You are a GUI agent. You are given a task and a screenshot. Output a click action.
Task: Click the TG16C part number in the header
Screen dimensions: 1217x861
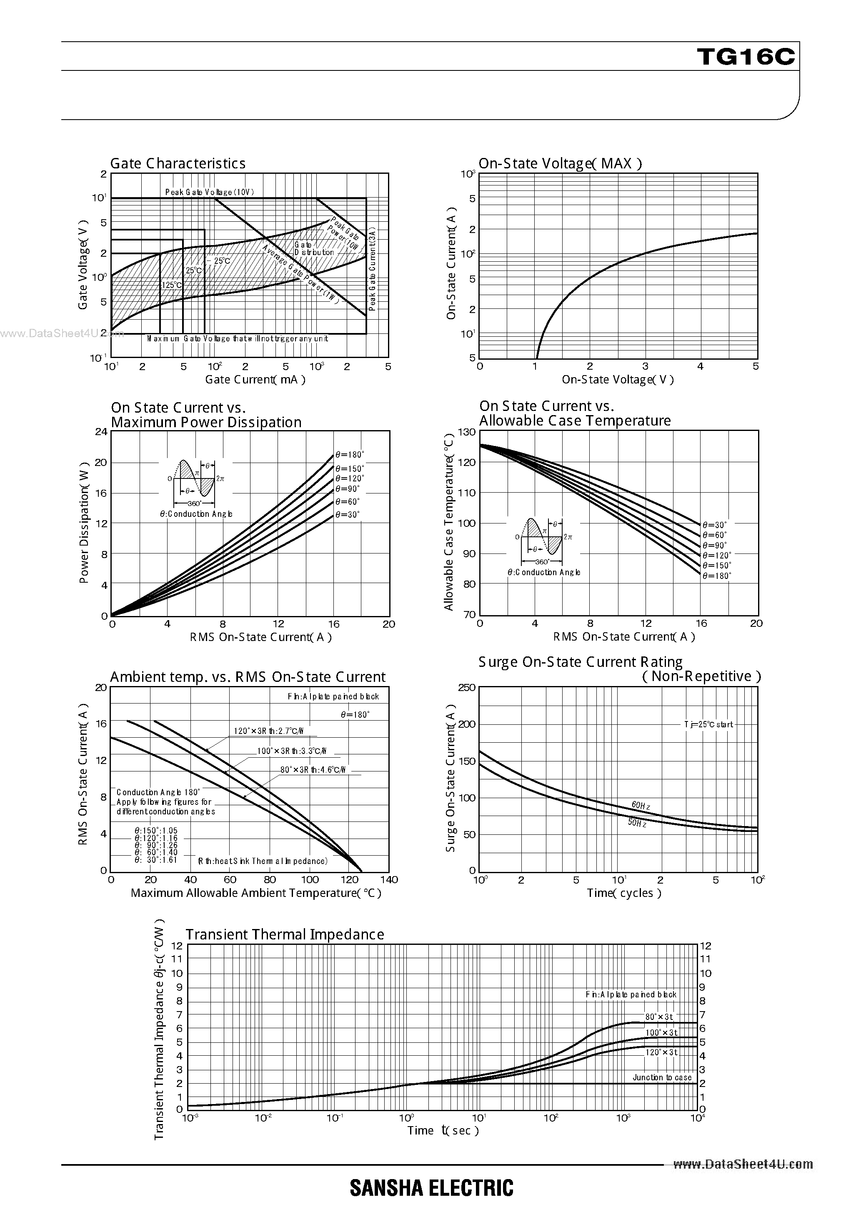point(746,57)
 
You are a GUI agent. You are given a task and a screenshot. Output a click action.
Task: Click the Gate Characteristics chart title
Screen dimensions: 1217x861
point(178,163)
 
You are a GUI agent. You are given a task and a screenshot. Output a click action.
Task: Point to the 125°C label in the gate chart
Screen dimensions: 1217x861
point(172,285)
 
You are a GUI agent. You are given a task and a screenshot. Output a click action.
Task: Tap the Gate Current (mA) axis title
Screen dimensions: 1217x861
point(255,380)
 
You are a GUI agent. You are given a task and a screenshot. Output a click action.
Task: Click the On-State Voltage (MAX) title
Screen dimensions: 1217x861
point(560,163)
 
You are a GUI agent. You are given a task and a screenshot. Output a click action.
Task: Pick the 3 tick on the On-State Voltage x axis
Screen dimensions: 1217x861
point(645,366)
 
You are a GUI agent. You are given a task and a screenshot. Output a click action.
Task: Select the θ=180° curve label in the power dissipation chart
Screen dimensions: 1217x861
point(349,455)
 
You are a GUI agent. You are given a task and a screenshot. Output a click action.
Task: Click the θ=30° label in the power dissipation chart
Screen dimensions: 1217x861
point(347,515)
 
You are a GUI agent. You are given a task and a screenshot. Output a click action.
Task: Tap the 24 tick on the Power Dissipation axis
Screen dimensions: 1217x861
point(101,431)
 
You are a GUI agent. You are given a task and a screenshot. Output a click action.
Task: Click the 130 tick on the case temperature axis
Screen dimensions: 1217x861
point(467,432)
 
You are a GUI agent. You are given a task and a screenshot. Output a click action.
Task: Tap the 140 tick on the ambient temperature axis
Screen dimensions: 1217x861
point(389,880)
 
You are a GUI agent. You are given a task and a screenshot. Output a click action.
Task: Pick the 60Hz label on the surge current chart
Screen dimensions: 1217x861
point(641,806)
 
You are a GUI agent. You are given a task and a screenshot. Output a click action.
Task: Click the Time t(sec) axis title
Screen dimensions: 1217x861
point(443,1131)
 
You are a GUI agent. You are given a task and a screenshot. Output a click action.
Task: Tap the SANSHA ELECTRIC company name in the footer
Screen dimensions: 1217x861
point(432,1188)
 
